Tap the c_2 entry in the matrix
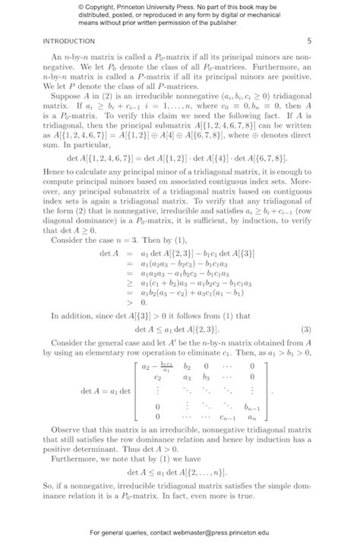[x=158, y=377]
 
